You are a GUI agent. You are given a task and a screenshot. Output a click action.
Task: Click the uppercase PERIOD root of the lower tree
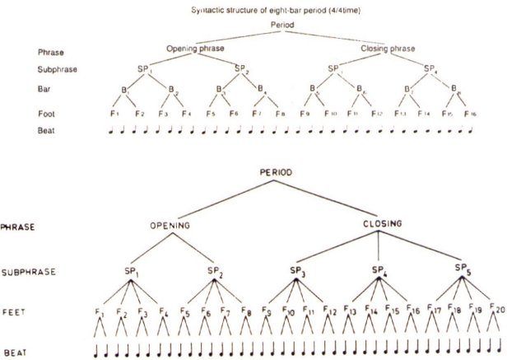276,173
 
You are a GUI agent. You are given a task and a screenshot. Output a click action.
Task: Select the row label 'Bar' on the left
53,88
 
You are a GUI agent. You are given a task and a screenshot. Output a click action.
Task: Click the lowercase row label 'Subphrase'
63,69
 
